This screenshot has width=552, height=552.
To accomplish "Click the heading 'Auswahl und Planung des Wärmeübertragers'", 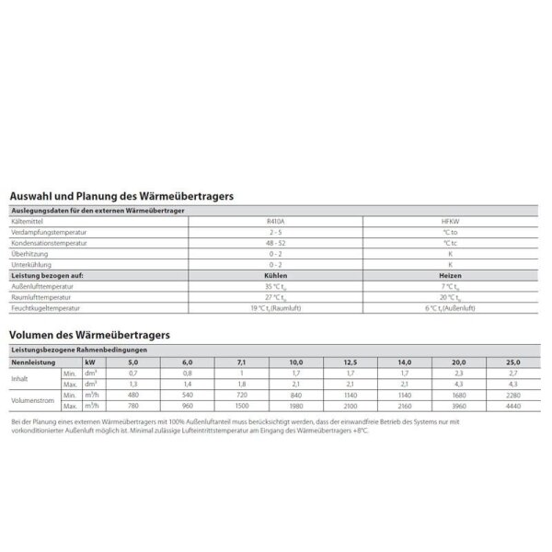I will click(121, 196).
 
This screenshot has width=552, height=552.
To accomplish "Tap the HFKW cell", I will click(450, 222).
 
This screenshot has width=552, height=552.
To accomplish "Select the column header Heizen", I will click(450, 275).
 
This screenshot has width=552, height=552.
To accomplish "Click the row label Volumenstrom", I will click(31, 400).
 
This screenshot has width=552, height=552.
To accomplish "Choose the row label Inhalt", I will click(20, 378).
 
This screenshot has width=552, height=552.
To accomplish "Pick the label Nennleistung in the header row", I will click(31, 362).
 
